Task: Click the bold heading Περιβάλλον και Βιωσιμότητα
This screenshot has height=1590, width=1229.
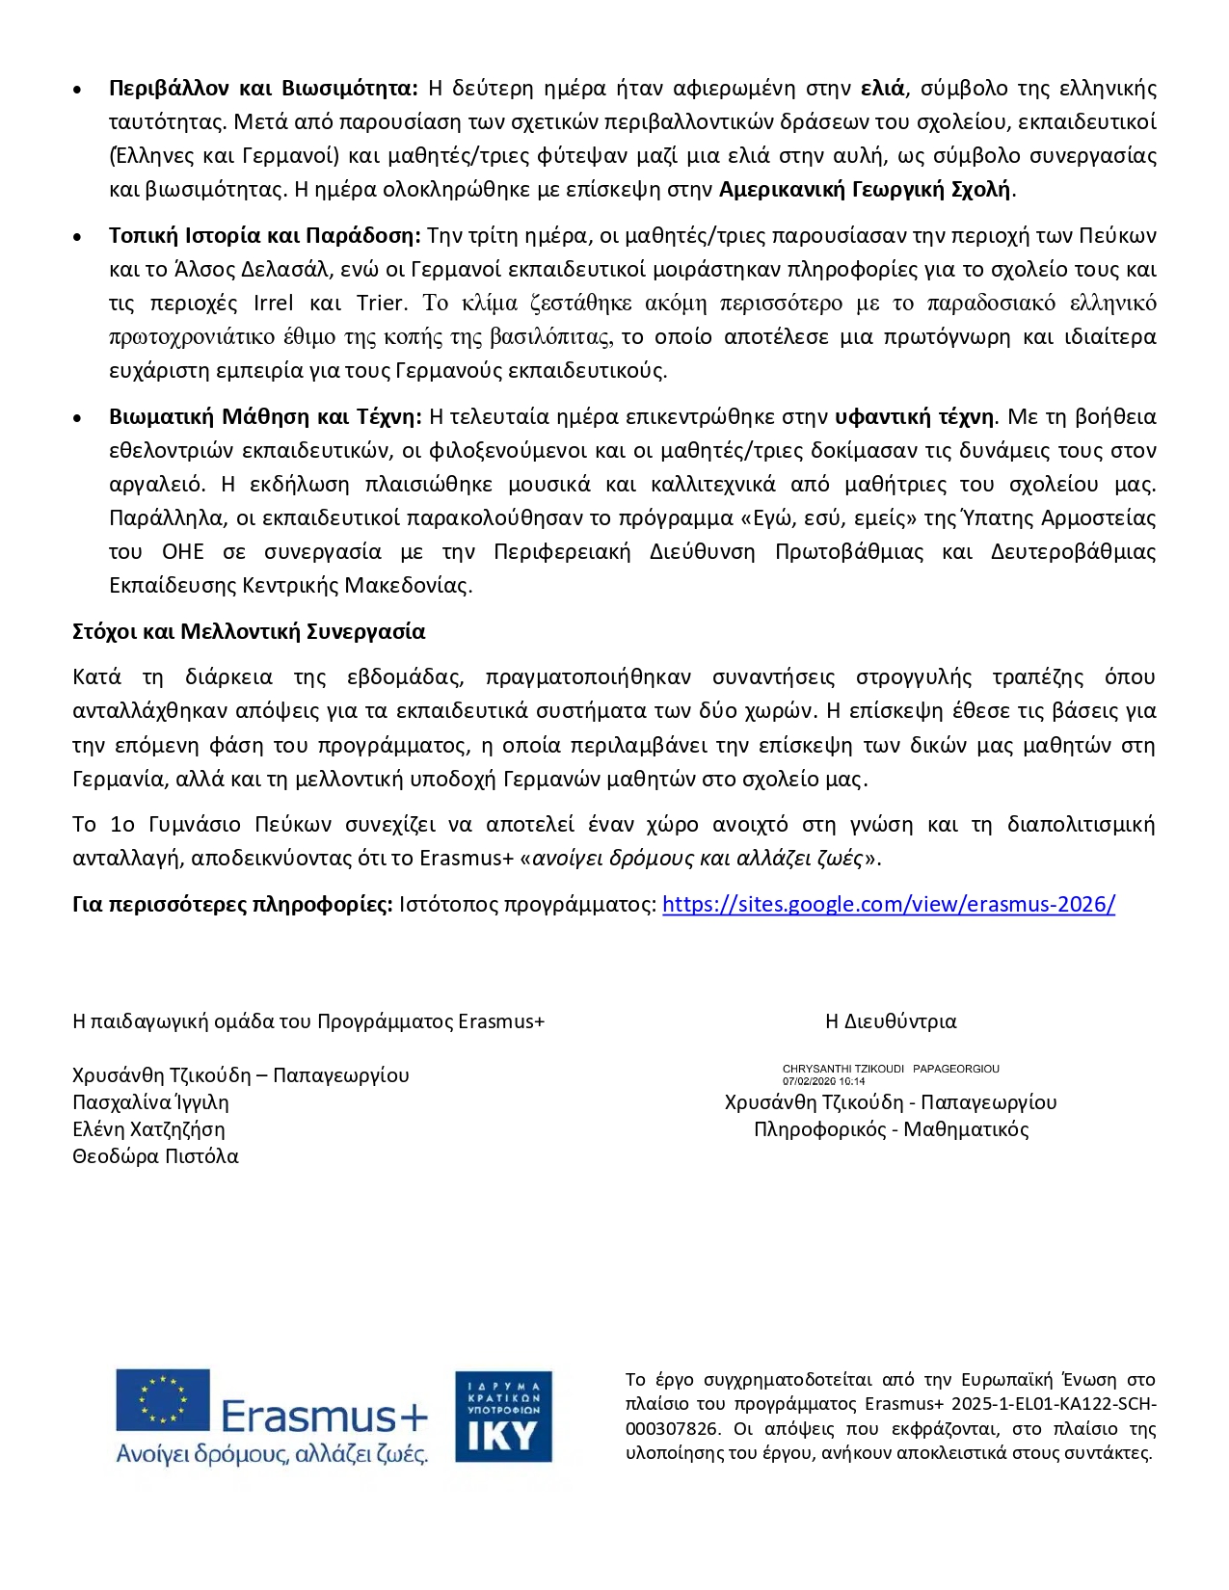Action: pos(263,89)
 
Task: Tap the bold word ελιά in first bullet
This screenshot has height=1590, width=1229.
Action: pos(882,89)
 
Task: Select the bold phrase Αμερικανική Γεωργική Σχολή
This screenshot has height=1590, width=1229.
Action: pos(865,189)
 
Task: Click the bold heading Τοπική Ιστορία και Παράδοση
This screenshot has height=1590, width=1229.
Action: pos(265,236)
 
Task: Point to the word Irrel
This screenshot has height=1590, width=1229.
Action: pos(273,304)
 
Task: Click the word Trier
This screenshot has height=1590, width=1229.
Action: pos(381,304)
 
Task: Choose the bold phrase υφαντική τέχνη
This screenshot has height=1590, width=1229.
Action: pos(914,417)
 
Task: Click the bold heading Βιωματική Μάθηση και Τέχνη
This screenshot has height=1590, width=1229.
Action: pos(265,417)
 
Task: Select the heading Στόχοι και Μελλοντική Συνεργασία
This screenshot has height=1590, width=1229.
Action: pos(249,632)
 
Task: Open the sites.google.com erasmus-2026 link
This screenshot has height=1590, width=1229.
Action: pos(889,905)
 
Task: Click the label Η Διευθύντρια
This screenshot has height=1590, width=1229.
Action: pos(891,1021)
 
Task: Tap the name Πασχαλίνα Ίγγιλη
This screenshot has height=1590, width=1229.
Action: pos(150,1102)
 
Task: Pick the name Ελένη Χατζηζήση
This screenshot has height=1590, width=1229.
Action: pos(148,1129)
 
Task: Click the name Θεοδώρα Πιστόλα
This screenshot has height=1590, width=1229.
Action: pos(155,1156)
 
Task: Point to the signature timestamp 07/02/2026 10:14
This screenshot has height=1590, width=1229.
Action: pos(823,1081)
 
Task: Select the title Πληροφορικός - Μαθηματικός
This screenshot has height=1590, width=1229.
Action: pos(891,1129)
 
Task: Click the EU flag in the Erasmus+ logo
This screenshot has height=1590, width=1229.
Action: pos(163,1400)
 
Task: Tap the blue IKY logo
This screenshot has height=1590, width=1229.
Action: pos(503,1416)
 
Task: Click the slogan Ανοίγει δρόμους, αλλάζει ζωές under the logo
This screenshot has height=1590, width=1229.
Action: pos(272,1454)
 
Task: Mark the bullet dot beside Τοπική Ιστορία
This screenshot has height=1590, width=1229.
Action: pos(77,237)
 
